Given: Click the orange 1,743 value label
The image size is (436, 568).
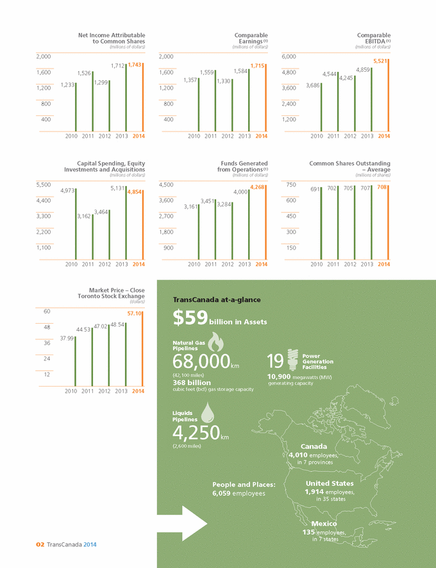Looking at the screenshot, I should click(x=135, y=65).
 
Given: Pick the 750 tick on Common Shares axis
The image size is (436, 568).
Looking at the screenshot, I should click(x=290, y=185).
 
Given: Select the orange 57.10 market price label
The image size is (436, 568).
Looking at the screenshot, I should click(x=135, y=313).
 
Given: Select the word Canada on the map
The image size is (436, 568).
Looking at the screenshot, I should click(x=314, y=446).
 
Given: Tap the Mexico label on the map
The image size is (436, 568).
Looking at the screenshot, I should click(x=316, y=524).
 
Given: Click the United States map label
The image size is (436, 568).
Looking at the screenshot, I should click(x=330, y=483).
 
